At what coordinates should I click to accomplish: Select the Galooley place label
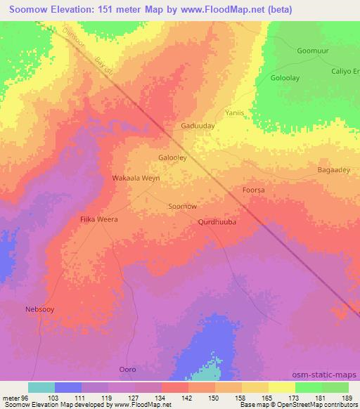[172, 158]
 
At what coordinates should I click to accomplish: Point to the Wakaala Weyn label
[136, 178]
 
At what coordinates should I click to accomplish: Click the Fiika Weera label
[98, 219]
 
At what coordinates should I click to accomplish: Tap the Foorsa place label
[253, 190]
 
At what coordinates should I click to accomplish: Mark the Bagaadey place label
[333, 169]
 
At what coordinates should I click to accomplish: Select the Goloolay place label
[287, 78]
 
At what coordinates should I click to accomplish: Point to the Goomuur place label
[313, 51]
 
